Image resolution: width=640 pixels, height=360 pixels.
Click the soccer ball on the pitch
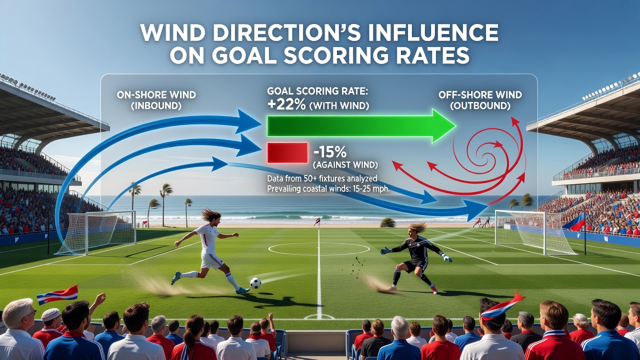pyautogui.click(x=255, y=283)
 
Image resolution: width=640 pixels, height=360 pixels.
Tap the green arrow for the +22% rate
pyautogui.click(x=361, y=125)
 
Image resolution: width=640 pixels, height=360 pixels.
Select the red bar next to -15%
pyautogui.click(x=287, y=152)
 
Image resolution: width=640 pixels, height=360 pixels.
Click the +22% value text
pyautogui.click(x=286, y=105)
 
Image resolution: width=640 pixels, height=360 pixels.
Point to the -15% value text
pyautogui.click(x=330, y=152)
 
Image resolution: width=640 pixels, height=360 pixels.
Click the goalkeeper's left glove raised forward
pyautogui.click(x=385, y=251)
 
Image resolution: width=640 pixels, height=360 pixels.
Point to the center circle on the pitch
pyautogui.click(x=319, y=249)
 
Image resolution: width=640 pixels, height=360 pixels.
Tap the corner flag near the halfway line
pyautogui.click(x=316, y=221)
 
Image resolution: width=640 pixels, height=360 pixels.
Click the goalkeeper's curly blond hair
pyautogui.click(x=417, y=228)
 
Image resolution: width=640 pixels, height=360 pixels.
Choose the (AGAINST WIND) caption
pyautogui.click(x=345, y=165)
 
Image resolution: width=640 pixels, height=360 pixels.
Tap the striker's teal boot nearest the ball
pyautogui.click(x=243, y=290)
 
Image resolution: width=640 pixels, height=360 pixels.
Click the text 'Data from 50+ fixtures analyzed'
pyautogui.click(x=322, y=178)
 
